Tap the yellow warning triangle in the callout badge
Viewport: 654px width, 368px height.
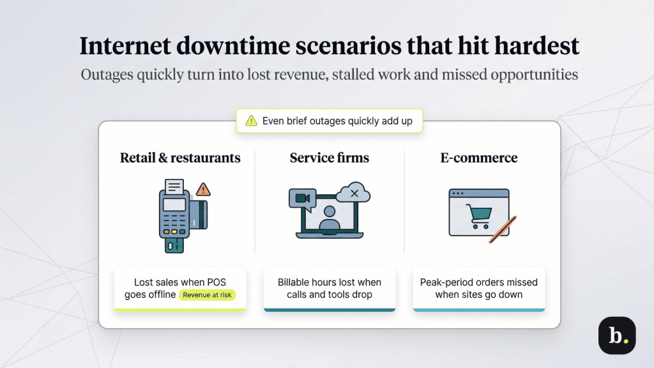[x=251, y=120]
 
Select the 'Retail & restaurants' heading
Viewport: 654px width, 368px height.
[x=180, y=157]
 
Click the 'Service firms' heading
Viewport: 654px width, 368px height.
[x=330, y=157]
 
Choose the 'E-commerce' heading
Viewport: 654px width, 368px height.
[x=478, y=157]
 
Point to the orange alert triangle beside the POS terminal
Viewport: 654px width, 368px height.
[x=203, y=189]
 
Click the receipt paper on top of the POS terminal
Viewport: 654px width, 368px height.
[x=174, y=187]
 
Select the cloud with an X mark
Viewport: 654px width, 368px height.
[x=353, y=193]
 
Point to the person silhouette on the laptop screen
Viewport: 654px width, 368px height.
[x=330, y=218]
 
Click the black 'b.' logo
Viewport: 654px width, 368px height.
[x=616, y=335]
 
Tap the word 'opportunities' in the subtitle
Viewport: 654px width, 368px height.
[x=534, y=74]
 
